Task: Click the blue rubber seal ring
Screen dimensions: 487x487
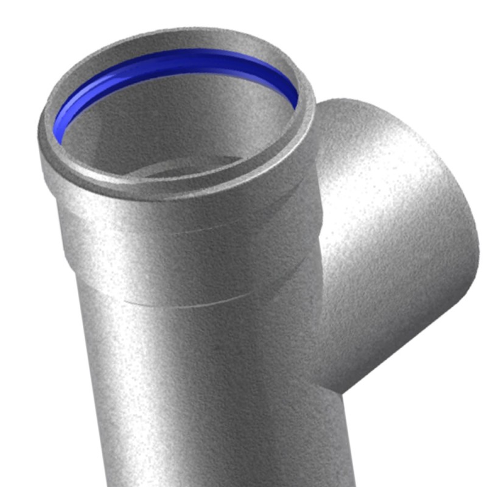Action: [183, 58]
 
